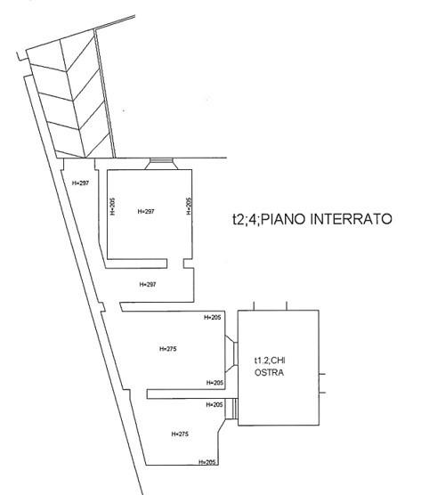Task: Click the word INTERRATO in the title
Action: point(351,219)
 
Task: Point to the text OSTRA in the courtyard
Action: point(269,372)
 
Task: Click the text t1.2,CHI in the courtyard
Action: point(270,361)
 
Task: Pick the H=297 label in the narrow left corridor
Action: point(80,183)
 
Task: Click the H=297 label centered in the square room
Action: point(146,211)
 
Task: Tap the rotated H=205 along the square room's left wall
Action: point(113,207)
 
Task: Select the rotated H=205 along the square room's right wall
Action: point(189,207)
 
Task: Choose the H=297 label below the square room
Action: point(148,284)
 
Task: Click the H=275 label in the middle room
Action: point(168,349)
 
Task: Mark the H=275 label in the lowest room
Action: point(180,434)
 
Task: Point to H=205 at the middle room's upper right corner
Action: point(213,317)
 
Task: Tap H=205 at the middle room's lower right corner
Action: point(214,383)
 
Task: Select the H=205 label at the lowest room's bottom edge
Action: point(207,462)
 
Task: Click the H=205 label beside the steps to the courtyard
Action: point(214,405)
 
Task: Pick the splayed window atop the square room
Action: point(162,164)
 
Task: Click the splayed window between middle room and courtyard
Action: point(231,353)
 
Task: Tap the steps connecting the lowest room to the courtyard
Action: point(231,409)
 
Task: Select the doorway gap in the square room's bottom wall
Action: point(175,264)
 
